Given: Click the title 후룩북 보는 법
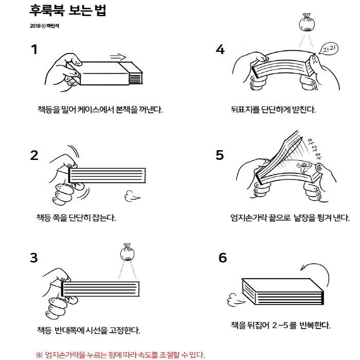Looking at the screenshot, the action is click(68, 10).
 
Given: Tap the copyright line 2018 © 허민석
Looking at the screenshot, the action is click(44, 26).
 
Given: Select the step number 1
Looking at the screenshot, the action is click(34, 49).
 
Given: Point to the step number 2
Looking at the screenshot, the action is click(34, 155).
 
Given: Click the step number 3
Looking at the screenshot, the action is click(34, 258).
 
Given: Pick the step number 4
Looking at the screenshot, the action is click(220, 49).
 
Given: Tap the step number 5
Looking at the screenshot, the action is click(220, 155).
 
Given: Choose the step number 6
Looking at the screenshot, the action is click(223, 258).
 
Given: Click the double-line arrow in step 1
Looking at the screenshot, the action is click(118, 57).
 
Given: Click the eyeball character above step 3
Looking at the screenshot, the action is click(127, 253).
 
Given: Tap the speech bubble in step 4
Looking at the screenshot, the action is click(329, 49).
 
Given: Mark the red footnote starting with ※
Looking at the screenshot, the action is click(120, 355).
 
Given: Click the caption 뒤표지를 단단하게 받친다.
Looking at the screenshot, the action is click(273, 109).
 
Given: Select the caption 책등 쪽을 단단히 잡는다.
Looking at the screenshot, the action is click(76, 217).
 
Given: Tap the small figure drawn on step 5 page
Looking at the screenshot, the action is click(304, 167).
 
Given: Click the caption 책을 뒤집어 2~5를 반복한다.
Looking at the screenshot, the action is click(281, 325).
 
